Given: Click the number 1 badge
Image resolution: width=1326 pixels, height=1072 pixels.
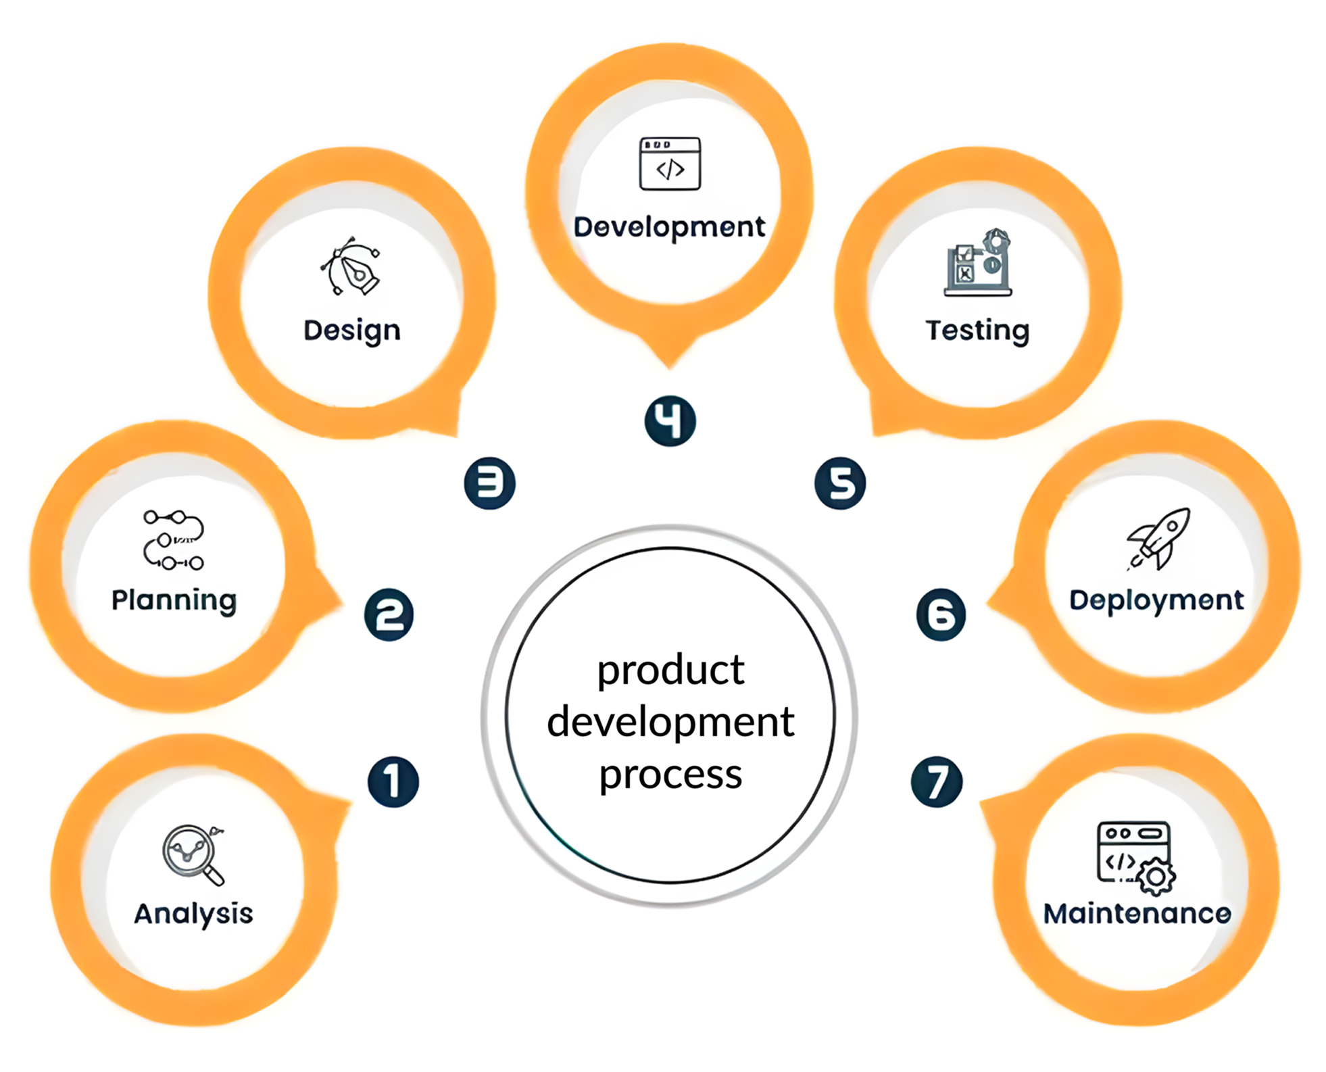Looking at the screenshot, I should tap(393, 782).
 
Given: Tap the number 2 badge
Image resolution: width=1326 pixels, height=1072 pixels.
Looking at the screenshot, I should tap(389, 614).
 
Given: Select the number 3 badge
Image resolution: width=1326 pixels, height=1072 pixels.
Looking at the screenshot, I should tap(489, 483).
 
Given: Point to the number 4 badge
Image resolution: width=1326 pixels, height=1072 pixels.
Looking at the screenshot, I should tap(669, 421).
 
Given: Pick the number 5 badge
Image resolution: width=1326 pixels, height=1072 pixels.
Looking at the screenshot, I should tap(839, 483).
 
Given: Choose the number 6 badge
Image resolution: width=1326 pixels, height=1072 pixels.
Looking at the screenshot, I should tap(941, 614).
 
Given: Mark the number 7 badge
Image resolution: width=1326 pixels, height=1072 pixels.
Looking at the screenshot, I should tap(936, 782).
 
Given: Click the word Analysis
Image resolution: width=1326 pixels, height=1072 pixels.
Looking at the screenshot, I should tap(193, 914).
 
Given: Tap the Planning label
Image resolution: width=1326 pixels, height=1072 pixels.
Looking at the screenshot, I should tap(174, 600).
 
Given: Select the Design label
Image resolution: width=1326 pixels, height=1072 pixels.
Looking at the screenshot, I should tap(351, 331).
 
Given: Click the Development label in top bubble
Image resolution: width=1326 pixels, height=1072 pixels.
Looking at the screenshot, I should tap(669, 227).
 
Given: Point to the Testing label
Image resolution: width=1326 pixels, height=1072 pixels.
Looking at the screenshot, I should tap(977, 331).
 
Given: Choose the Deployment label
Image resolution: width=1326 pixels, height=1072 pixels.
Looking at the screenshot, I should tap(1156, 600).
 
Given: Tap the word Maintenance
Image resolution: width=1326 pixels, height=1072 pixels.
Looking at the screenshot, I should tap(1137, 914).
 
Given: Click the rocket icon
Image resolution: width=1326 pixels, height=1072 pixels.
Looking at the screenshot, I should tap(1158, 539).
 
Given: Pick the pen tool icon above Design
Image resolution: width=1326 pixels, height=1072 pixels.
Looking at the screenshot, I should tap(351, 266).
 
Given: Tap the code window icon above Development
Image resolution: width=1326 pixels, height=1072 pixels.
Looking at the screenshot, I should tap(669, 164).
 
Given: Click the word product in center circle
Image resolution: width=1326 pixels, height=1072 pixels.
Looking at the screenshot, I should tap(670, 671).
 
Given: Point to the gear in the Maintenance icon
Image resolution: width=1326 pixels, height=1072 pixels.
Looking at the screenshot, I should tap(1156, 877).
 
